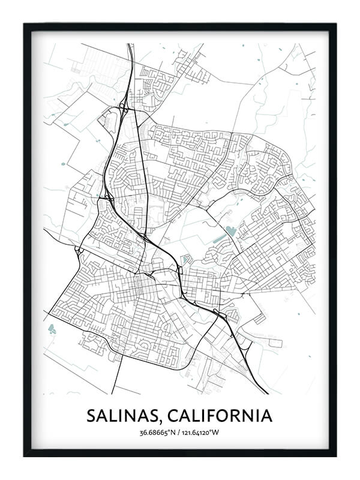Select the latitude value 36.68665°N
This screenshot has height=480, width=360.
[157, 433]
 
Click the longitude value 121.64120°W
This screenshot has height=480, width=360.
[202, 433]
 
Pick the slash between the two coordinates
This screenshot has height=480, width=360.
[178, 433]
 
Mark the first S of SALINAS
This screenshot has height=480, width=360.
[92, 415]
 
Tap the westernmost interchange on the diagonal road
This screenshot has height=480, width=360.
[79, 250]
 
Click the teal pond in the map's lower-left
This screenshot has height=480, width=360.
[52, 328]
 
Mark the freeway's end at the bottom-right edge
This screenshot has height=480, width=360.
[267, 393]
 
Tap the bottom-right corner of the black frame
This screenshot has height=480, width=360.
[335, 455]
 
